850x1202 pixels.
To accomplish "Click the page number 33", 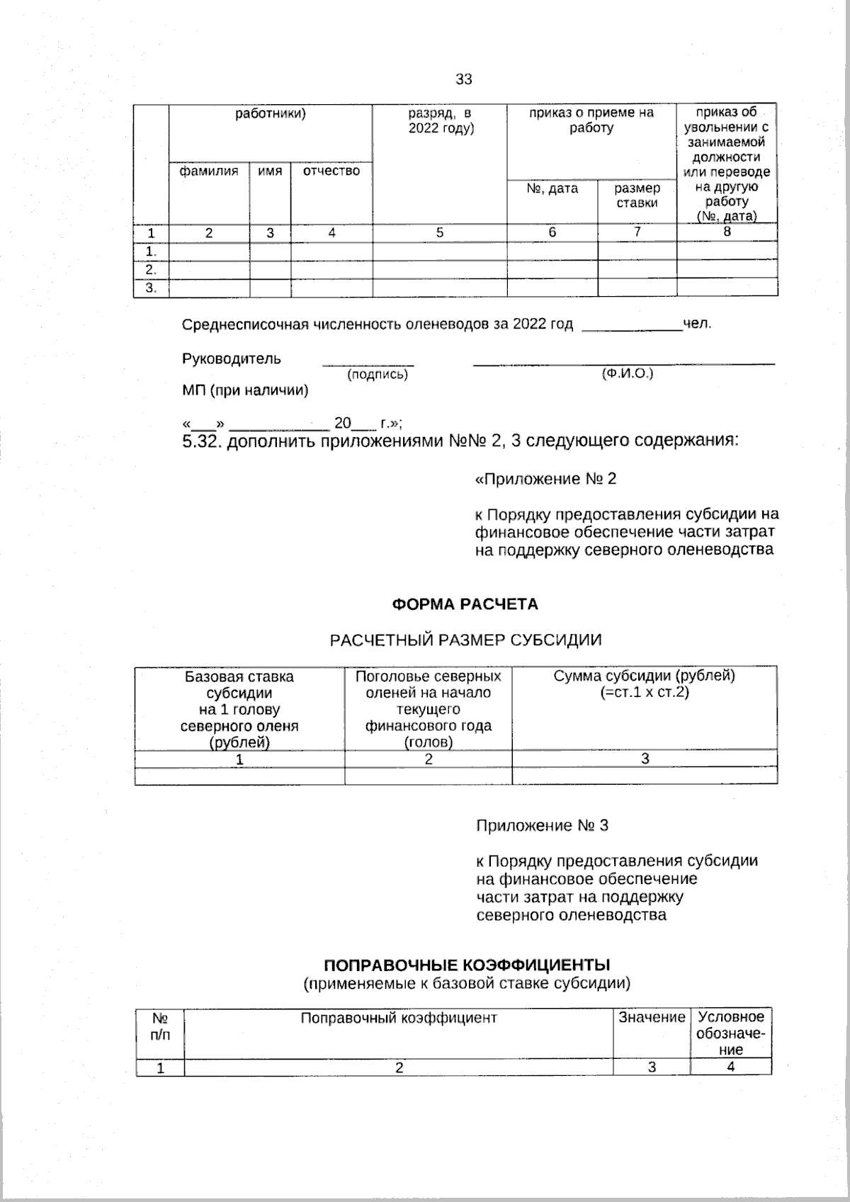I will click(x=463, y=79).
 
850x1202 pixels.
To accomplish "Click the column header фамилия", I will click(x=209, y=171).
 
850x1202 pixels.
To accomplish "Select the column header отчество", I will click(x=331, y=171).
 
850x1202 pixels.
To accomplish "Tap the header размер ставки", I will click(x=637, y=195).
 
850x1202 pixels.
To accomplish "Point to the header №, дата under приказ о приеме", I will click(x=552, y=188).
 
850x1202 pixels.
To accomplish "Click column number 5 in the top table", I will click(x=439, y=232).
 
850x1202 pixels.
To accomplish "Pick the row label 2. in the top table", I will click(x=151, y=270).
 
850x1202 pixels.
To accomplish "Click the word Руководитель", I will click(x=232, y=358).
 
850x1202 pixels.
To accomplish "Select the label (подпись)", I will click(x=378, y=375).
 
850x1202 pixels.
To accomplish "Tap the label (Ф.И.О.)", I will click(x=627, y=373).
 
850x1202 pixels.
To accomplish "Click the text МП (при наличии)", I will click(x=245, y=390).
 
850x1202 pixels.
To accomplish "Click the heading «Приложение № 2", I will click(x=545, y=480).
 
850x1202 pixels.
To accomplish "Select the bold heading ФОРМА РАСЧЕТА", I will click(x=465, y=604).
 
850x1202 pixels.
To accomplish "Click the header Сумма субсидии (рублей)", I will click(x=644, y=676).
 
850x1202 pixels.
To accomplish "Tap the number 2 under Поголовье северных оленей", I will click(x=428, y=759).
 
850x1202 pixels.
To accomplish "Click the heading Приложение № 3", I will click(x=542, y=826).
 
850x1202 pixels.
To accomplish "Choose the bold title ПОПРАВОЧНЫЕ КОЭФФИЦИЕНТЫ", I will click(x=467, y=965).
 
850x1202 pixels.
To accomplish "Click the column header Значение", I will click(x=652, y=1018).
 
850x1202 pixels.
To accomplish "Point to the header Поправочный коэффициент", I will click(x=399, y=1018).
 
